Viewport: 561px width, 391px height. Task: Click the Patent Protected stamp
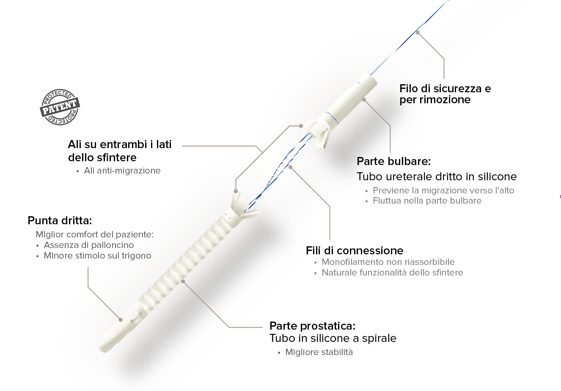point(60,107)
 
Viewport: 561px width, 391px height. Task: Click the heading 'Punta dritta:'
point(60,220)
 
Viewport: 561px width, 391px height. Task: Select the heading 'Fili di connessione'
point(355,251)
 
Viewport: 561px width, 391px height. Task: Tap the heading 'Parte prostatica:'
point(313,326)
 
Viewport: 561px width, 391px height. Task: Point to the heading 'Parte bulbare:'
point(394,161)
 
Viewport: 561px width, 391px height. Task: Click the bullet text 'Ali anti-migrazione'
point(122,171)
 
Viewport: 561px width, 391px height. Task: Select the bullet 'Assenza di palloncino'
point(89,245)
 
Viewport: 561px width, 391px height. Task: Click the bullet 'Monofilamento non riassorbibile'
point(388,262)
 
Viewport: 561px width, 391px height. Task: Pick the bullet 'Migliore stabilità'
point(319,352)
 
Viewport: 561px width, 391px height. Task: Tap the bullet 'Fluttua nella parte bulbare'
point(427,201)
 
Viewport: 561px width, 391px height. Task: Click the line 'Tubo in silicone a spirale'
point(333,339)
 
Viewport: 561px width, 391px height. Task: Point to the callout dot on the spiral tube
point(183,281)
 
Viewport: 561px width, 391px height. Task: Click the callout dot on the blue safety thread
point(418,33)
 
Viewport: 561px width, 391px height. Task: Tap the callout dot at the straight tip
point(121,319)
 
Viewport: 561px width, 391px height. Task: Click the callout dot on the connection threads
point(290,167)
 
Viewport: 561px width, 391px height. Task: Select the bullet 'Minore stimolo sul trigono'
point(97,256)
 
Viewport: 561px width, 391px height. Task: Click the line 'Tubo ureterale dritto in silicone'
point(437,176)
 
